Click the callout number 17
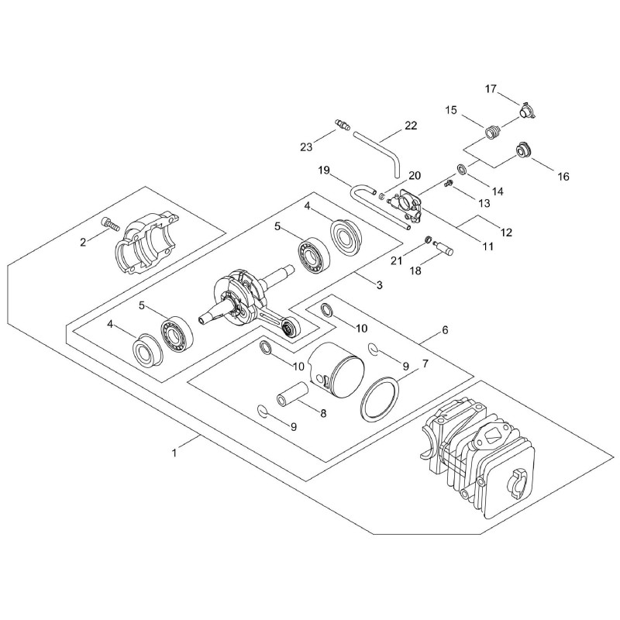click(491, 89)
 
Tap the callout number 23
click(306, 147)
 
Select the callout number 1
click(174, 453)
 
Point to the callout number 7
click(425, 363)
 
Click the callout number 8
click(323, 414)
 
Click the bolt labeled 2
click(111, 225)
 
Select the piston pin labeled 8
click(293, 394)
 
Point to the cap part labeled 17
click(526, 110)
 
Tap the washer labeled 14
click(462, 169)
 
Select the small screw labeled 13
click(449, 183)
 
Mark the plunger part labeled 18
click(443, 248)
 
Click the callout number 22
click(411, 126)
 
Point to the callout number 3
click(380, 284)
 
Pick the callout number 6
click(445, 330)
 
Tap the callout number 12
click(506, 232)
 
